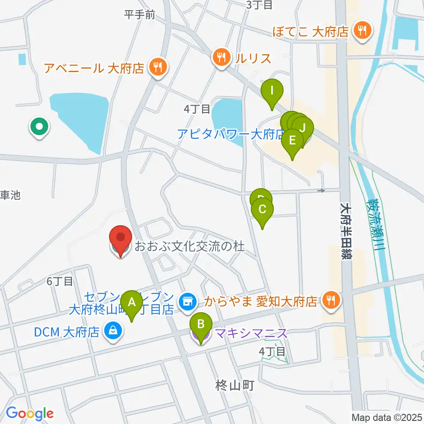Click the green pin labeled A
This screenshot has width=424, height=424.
pos(131,303)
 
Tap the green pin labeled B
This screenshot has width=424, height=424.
pos(201,326)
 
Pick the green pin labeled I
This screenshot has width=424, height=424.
pos(272,91)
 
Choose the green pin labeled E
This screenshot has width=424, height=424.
pos(292,141)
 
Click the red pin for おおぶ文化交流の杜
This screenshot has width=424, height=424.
pos(120,238)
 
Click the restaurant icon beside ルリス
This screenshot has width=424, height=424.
pos(221,57)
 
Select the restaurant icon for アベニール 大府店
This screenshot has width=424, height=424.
pos(156,68)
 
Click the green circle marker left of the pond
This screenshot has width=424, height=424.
pos(39,128)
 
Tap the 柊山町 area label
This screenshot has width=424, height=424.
pos(235,385)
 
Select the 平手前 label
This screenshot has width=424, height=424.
pos(140,15)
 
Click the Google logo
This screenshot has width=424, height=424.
pos(30,413)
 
